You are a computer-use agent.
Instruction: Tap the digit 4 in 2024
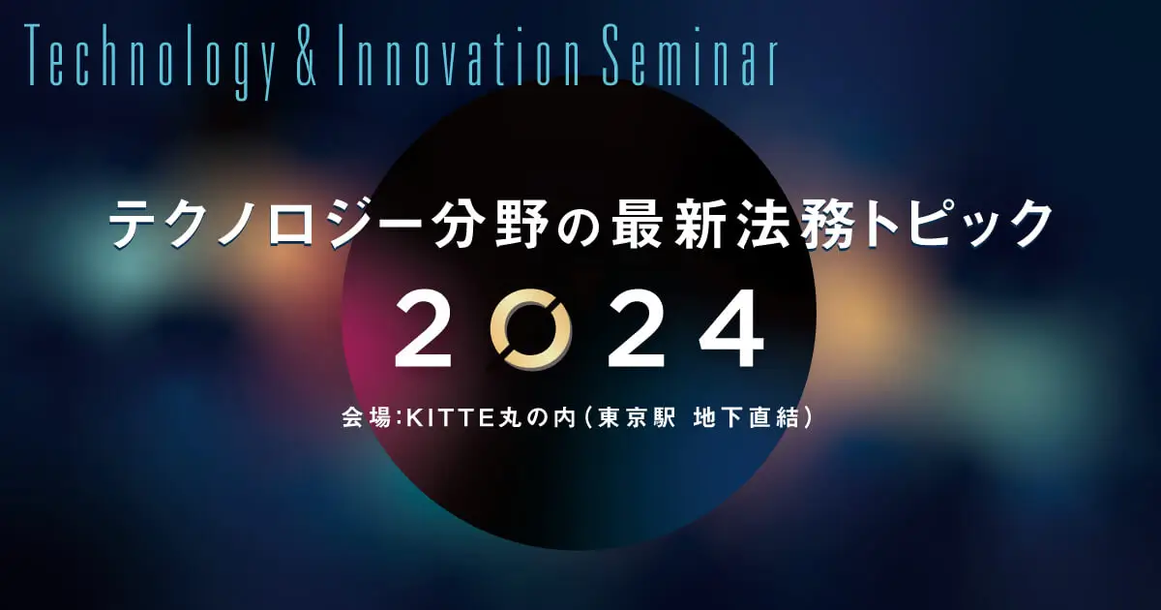731,329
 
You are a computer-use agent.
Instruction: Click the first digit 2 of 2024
423,329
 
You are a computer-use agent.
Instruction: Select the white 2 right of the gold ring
637,329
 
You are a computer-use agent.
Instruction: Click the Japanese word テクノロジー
267,225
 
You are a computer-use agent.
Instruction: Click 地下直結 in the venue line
745,418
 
